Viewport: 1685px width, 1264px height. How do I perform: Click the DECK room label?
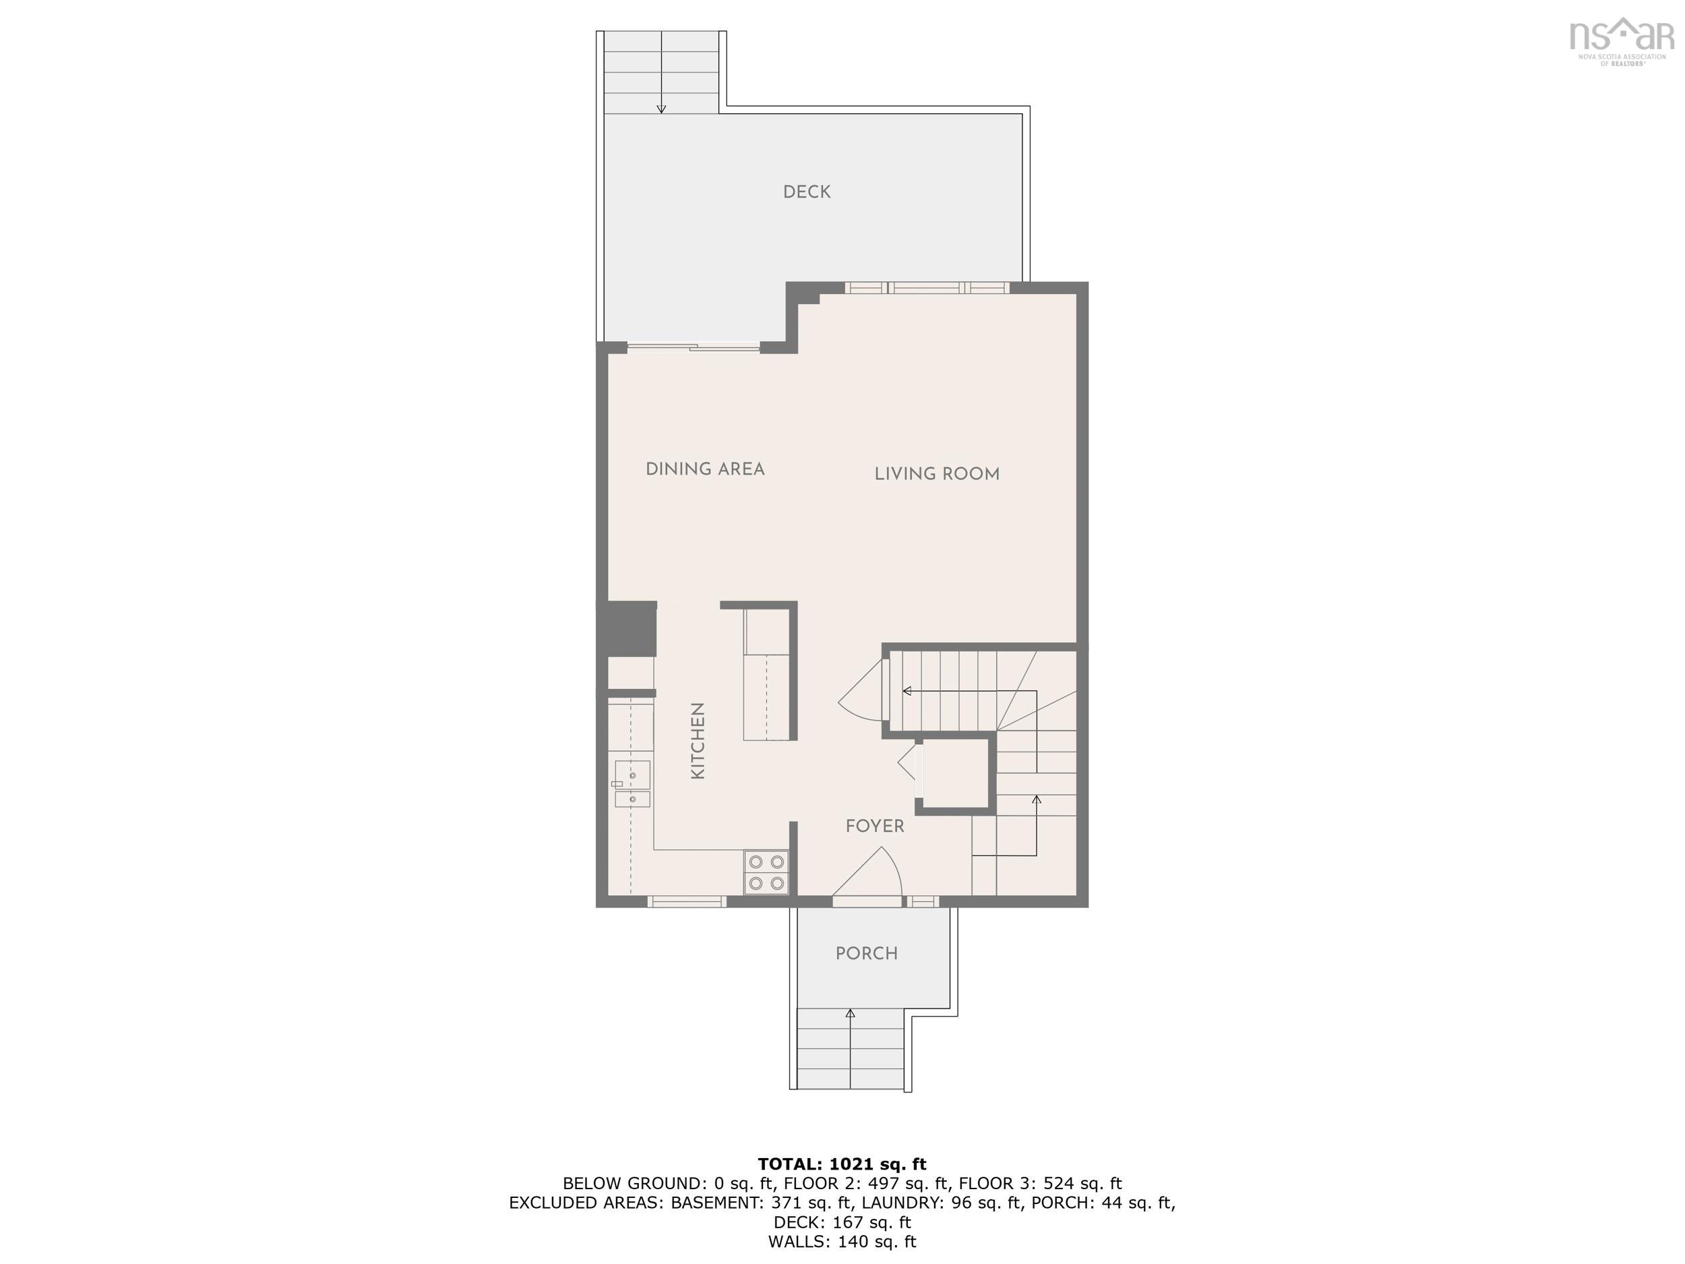pos(807,192)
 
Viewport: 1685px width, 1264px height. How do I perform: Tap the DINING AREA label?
pos(704,469)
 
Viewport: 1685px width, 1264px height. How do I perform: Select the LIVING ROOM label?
pos(936,474)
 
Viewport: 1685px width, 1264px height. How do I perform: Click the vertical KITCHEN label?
pos(698,741)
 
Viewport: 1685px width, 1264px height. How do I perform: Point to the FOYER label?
pos(874,826)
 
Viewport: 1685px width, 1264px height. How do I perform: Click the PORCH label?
pos(866,953)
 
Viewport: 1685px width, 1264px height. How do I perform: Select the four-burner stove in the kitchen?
pos(766,872)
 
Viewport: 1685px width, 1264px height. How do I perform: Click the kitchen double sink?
pos(632,784)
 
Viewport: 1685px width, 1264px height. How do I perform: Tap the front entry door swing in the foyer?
pos(872,876)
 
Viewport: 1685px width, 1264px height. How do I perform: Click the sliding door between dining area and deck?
pos(693,349)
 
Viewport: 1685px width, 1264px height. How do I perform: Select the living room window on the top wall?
pos(926,287)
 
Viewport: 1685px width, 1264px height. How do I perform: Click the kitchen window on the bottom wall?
pos(686,902)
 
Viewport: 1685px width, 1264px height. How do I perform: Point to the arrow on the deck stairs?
pos(661,107)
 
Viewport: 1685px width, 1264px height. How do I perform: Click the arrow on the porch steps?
pos(850,1013)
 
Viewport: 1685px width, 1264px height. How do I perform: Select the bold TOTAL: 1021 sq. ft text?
pos(842,1164)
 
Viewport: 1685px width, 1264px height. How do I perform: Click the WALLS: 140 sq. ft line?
pos(842,1242)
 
